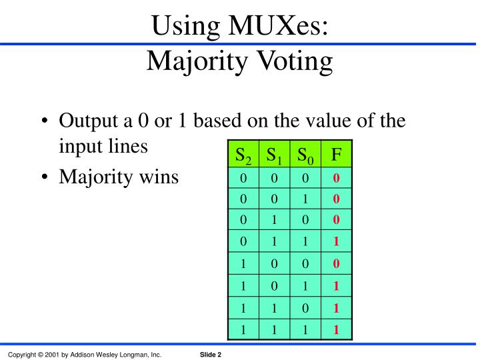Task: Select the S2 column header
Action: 243,156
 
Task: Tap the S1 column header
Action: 274,156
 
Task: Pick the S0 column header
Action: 305,156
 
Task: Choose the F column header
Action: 337,156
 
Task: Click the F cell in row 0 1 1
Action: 337,242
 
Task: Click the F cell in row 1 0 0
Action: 337,263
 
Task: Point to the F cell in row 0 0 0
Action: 337,178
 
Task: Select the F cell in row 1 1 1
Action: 337,328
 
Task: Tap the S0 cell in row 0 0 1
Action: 305,199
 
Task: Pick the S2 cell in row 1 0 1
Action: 243,285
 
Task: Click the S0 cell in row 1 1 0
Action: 305,307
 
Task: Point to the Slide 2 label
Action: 211,355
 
